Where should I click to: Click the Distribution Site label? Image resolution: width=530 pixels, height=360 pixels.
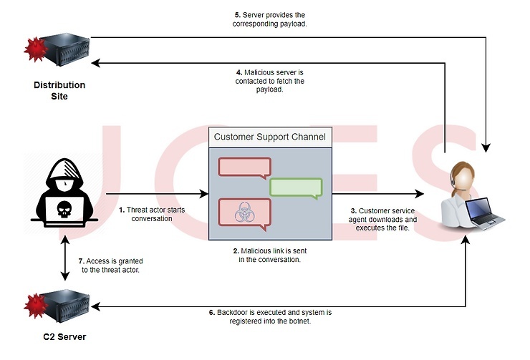pos(59,90)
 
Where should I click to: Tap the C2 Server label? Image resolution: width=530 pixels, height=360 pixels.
pos(64,336)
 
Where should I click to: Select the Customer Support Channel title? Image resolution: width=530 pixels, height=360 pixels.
pos(270,137)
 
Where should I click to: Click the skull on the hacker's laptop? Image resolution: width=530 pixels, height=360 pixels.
pos(64,209)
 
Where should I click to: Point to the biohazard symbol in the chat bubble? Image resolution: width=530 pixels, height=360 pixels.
pos(244,212)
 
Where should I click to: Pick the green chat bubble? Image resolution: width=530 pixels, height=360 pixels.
pos(296,188)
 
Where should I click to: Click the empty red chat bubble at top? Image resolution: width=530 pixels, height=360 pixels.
pos(245,168)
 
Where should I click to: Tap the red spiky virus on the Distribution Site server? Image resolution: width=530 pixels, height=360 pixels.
pos(36,49)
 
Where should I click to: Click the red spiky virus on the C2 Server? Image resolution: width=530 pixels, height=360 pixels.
pos(36,306)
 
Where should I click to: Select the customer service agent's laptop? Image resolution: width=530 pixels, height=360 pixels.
pos(485,213)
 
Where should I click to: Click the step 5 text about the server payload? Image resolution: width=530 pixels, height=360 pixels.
pos(270,19)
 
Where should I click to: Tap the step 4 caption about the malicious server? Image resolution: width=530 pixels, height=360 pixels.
pos(270,81)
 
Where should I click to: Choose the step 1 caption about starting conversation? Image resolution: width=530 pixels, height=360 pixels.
pos(152,214)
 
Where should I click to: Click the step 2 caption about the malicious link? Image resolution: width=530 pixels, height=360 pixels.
pos(270,255)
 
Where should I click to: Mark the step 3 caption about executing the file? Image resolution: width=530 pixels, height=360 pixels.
pos(382,219)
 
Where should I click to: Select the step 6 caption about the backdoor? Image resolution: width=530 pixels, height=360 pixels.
pos(270,316)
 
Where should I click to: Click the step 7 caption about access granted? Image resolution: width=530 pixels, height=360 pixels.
pos(110,266)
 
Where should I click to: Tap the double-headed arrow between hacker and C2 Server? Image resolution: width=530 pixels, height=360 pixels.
pos(65,258)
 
